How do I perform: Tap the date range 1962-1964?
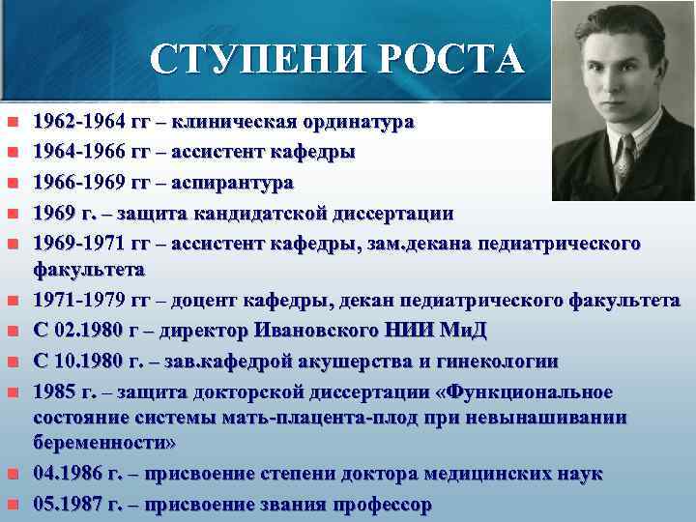(82, 123)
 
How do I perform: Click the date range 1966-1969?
(82, 182)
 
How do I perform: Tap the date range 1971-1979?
(82, 302)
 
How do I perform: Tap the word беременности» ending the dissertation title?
(104, 444)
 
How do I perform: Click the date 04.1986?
(65, 474)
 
